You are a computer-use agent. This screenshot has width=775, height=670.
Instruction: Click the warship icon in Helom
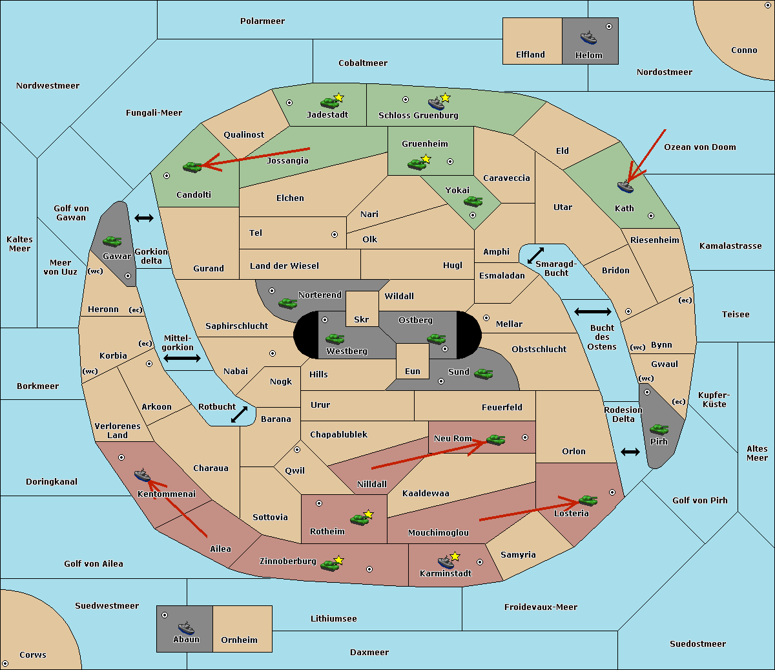[x=588, y=37]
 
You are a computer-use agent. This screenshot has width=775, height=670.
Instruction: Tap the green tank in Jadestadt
[x=329, y=103]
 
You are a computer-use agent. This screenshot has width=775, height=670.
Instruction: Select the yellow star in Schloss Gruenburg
[x=445, y=98]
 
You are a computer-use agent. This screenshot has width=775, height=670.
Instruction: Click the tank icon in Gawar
[x=112, y=241]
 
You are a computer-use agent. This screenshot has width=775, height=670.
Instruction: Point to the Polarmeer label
[x=262, y=21]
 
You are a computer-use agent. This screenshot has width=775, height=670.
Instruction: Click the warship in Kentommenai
[x=142, y=475]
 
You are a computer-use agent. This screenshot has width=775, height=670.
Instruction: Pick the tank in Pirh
[x=659, y=429]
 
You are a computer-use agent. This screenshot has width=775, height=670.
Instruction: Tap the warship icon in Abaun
[x=186, y=627]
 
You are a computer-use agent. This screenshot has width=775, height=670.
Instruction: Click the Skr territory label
[x=361, y=319]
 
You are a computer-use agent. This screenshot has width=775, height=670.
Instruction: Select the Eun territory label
[x=413, y=371]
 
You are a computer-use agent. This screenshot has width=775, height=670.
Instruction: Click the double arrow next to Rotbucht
[x=239, y=415]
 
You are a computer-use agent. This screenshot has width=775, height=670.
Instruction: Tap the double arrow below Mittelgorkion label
[x=182, y=358]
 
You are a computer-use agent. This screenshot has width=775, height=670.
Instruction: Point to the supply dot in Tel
[x=335, y=235]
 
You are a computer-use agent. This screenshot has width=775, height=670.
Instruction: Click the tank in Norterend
[x=287, y=303]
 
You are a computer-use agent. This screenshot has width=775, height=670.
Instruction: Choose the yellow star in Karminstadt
[x=455, y=556]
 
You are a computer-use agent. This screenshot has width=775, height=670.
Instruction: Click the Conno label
[x=744, y=50]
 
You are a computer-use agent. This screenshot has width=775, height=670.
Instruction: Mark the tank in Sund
[x=483, y=373]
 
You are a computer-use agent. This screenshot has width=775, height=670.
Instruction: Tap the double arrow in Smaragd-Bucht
[x=535, y=255]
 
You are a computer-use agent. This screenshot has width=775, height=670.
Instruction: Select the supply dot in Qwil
[x=297, y=450]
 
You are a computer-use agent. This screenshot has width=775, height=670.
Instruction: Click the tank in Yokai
[x=473, y=202]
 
